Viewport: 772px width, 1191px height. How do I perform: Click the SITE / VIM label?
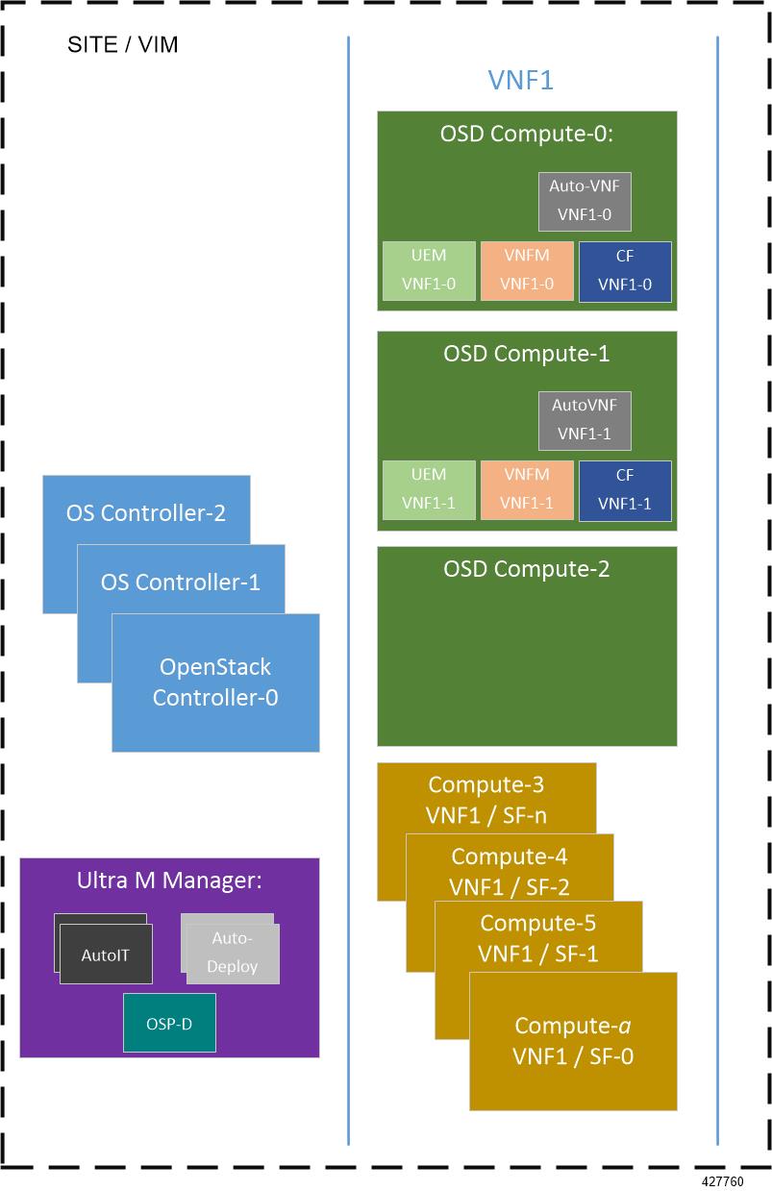click(x=122, y=45)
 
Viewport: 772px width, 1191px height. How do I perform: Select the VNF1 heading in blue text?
click(x=520, y=80)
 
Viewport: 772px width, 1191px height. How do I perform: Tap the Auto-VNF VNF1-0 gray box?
click(x=585, y=201)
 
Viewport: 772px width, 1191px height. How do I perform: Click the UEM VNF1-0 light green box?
click(x=429, y=271)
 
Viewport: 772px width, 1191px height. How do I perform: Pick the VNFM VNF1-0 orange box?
click(x=527, y=271)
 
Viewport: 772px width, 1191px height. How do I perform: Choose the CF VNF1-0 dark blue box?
click(x=625, y=271)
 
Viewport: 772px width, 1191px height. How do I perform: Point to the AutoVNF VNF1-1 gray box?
click(x=585, y=420)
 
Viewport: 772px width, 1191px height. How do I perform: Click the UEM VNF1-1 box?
click(x=429, y=490)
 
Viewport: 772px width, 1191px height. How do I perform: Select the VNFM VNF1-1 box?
click(x=527, y=490)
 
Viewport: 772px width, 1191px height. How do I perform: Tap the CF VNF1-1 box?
click(x=625, y=490)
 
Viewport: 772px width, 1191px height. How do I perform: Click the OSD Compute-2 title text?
click(x=526, y=569)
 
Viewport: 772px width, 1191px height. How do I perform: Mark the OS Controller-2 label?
click(x=146, y=512)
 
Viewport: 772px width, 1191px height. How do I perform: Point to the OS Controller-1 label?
click(x=181, y=582)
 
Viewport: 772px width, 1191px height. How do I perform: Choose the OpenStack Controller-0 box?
click(x=215, y=682)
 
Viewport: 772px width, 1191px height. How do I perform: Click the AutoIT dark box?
click(x=106, y=955)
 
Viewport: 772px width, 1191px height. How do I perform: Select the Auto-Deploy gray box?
click(x=232, y=953)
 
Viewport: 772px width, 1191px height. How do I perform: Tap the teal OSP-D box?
click(x=169, y=1023)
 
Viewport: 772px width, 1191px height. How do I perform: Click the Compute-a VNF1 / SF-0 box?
click(x=573, y=1042)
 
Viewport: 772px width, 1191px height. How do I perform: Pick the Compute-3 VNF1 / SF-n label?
click(x=486, y=801)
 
